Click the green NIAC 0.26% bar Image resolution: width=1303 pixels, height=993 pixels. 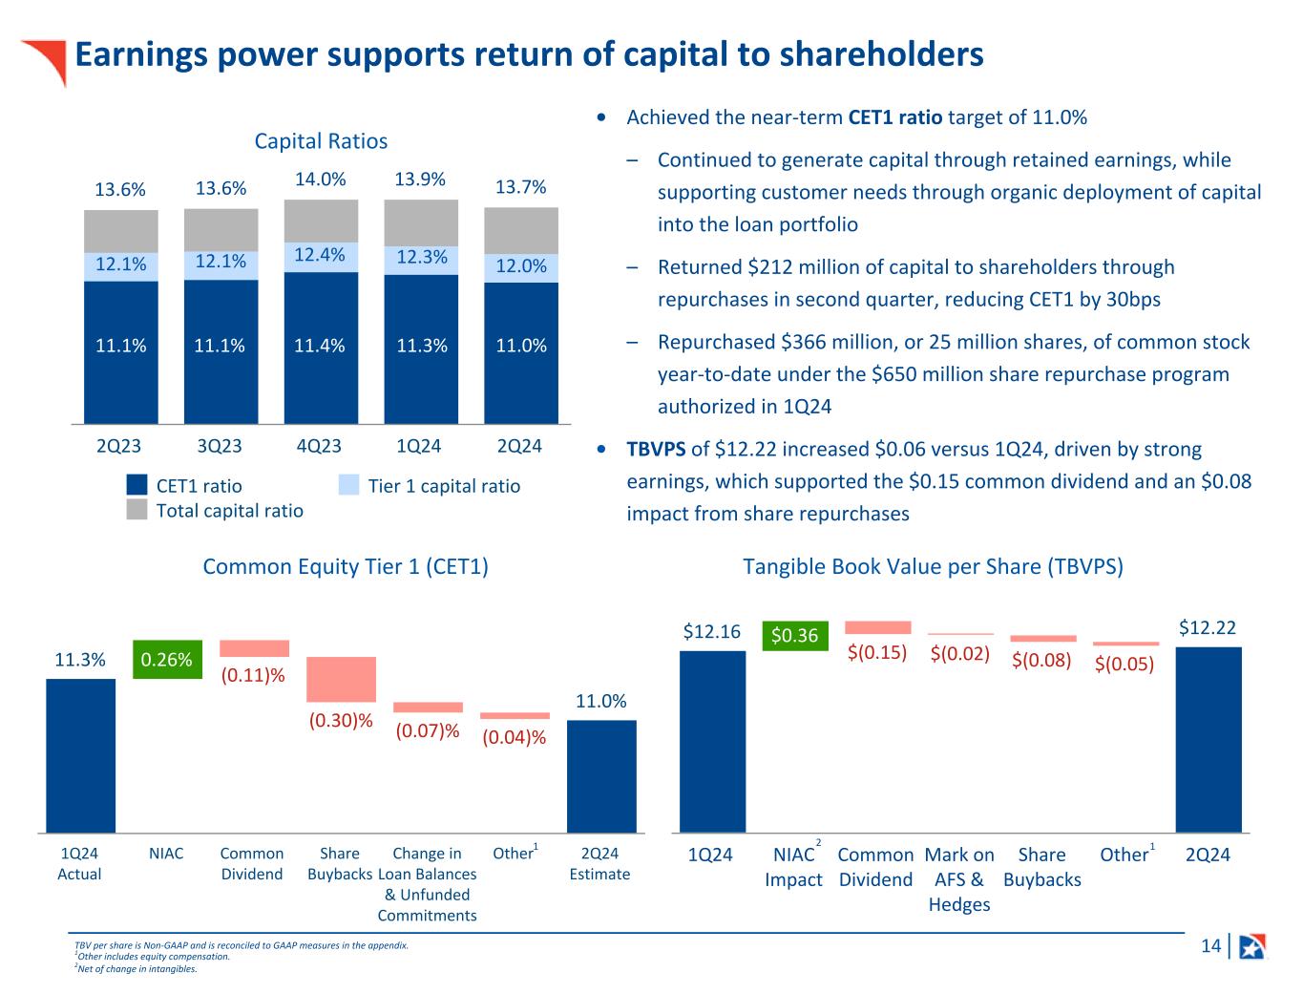click(167, 659)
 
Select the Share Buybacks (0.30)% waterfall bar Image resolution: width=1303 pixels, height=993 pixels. click(341, 679)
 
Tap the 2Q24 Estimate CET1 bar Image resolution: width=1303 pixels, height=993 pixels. click(601, 775)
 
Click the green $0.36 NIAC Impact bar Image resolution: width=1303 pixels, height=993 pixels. click(794, 636)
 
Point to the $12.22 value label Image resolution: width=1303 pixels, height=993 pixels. click(1208, 627)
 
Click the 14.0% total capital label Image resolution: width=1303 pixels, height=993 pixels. click(320, 180)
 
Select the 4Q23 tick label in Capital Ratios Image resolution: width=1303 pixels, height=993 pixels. click(319, 446)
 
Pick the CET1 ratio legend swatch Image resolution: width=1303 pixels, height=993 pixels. click(137, 486)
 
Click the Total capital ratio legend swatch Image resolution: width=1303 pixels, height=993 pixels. click(137, 511)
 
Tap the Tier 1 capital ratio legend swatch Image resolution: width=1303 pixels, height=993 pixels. click(350, 486)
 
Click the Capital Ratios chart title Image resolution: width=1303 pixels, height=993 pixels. click(321, 141)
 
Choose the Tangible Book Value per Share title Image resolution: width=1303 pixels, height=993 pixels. click(933, 566)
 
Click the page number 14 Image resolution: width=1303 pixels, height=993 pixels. click(1210, 946)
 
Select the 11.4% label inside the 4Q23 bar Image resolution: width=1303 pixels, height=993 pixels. click(320, 346)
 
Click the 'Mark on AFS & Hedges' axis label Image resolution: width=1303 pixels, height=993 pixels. click(959, 879)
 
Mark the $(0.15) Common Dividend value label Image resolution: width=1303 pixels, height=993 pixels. click(877, 653)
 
